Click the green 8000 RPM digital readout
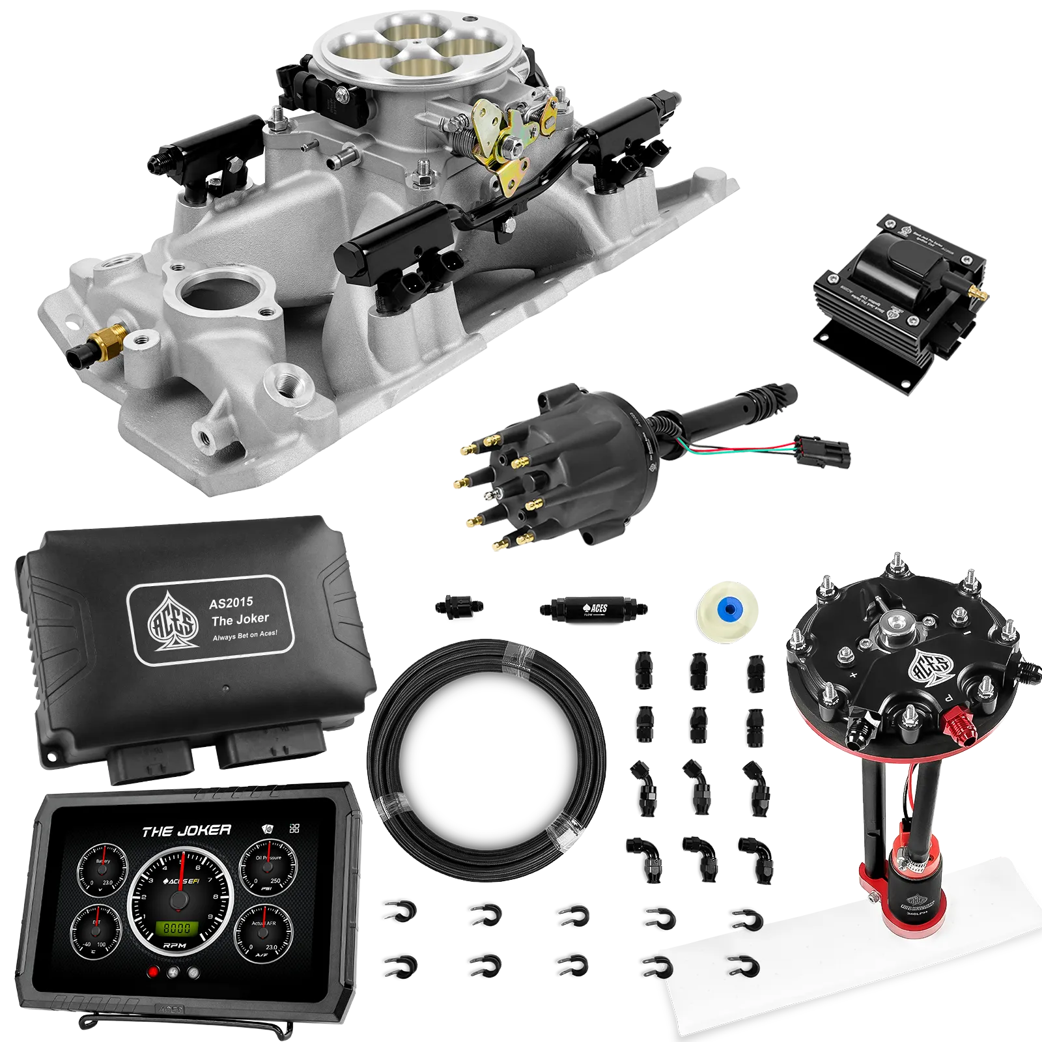(x=176, y=928)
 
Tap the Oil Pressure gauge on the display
(x=267, y=871)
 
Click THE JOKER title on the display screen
(x=186, y=831)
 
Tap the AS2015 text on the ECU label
(x=231, y=603)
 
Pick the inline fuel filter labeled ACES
(x=593, y=610)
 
